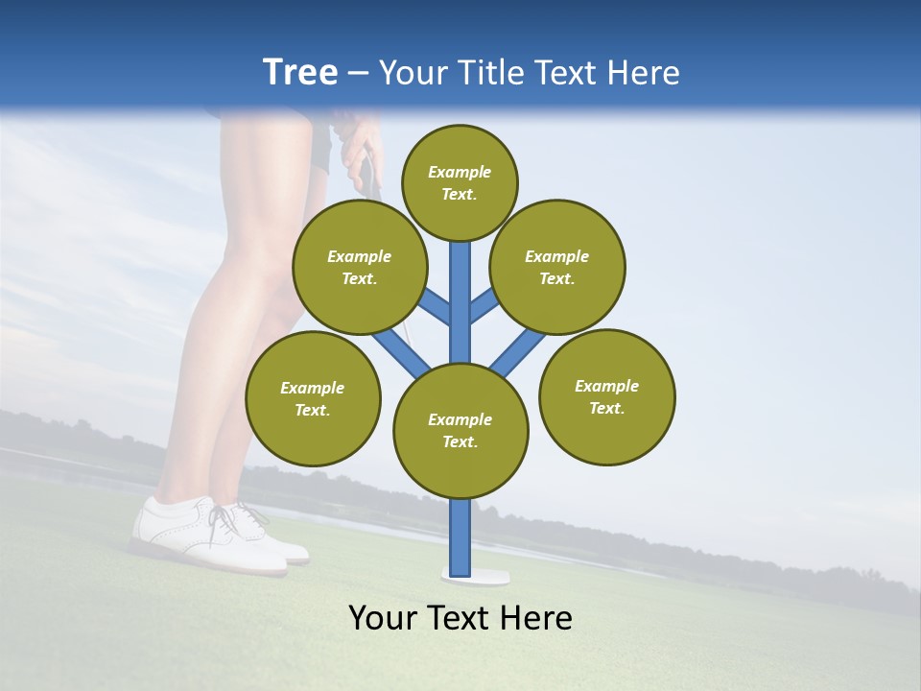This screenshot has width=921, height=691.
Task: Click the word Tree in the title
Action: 299,72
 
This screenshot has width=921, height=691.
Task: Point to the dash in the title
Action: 358,74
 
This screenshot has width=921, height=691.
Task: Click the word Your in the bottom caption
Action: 382,618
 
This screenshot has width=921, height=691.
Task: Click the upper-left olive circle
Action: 359,267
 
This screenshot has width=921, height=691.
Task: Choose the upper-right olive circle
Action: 556,267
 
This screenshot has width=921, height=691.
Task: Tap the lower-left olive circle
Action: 313,398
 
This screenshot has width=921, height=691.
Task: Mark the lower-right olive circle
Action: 606,396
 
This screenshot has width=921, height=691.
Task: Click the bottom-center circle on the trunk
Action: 460,430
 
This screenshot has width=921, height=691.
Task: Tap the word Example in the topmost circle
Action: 460,172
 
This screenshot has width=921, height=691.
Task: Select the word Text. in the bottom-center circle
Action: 460,441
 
